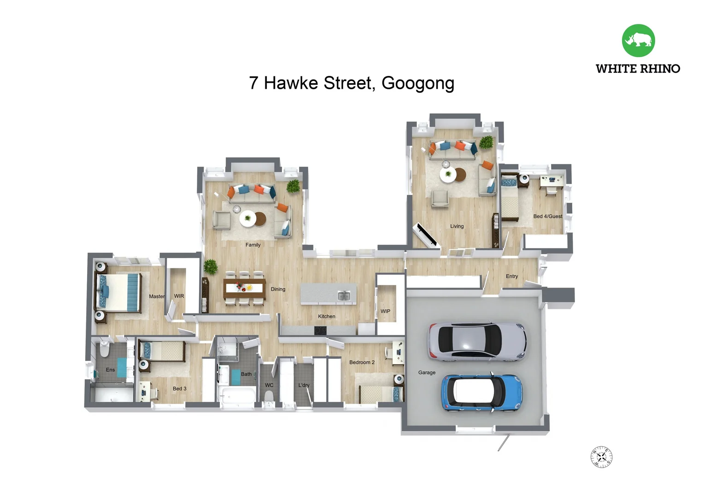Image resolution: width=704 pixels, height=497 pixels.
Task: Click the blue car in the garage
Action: point(482,393)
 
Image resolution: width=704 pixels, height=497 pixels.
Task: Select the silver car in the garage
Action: point(477,341)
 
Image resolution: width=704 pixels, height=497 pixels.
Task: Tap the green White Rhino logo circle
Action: point(638,40)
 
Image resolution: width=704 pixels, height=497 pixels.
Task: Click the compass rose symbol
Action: point(601,457)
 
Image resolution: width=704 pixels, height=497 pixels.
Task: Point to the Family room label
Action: point(253,245)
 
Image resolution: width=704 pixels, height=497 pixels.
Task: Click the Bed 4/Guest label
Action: point(547,216)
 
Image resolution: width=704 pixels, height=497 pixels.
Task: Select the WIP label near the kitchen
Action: point(385,312)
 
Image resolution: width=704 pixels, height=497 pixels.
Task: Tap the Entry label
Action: point(511,276)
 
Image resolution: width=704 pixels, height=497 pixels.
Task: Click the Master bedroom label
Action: point(157,296)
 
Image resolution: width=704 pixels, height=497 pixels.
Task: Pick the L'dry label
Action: point(304,385)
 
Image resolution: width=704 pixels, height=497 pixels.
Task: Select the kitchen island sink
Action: point(344,295)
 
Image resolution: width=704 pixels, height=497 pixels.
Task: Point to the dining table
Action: point(245,288)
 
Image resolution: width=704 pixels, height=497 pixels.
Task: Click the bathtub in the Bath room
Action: point(238,395)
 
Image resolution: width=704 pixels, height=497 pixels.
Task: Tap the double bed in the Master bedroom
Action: point(118,292)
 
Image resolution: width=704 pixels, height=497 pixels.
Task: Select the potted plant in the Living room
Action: point(486,142)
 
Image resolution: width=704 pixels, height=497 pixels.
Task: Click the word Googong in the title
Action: point(417,83)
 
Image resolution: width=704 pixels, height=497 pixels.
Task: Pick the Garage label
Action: point(427,372)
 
